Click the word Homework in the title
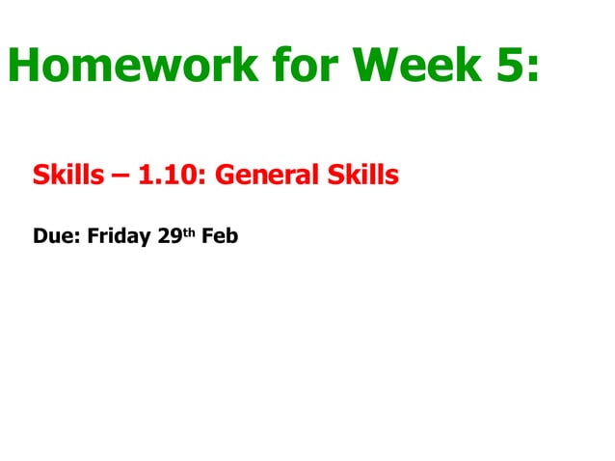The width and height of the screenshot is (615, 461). pyautogui.click(x=133, y=65)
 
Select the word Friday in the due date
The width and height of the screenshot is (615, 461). pyautogui.click(x=119, y=236)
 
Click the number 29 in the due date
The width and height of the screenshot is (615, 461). pyautogui.click(x=169, y=236)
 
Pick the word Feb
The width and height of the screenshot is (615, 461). pyautogui.click(x=220, y=236)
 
